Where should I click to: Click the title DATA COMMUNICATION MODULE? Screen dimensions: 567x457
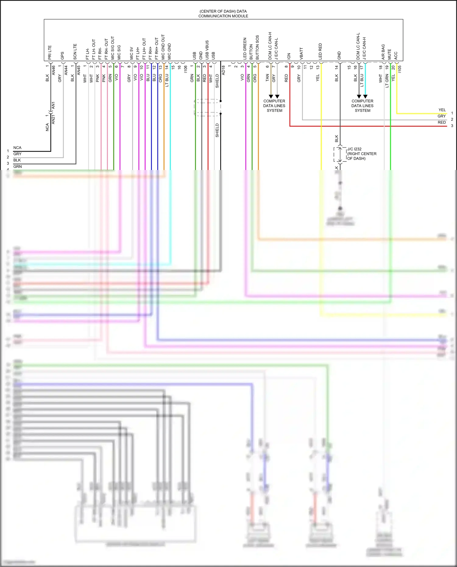tap(223, 14)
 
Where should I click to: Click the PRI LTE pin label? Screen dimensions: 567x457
tap(50, 52)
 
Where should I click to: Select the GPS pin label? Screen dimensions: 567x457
tap(62, 56)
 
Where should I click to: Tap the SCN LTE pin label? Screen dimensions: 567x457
tap(75, 52)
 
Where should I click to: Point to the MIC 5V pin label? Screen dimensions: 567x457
tap(132, 53)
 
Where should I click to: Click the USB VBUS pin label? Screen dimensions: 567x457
tap(207, 50)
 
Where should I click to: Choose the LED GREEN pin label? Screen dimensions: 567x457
tap(245, 49)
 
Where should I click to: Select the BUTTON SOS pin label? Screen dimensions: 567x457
tap(257, 48)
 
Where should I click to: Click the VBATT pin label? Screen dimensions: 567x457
tap(301, 53)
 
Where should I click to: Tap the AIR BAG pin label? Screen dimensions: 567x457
tap(383, 52)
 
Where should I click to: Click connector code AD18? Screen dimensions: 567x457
tap(223, 70)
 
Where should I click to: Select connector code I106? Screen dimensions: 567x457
tap(186, 69)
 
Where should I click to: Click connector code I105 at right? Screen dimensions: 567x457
tap(400, 69)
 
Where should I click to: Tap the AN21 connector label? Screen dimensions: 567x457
tap(53, 119)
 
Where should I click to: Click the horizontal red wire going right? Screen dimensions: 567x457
tap(366, 126)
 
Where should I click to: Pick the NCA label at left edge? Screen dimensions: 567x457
tap(17, 148)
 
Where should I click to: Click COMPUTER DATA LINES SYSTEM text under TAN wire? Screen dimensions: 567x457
tap(274, 106)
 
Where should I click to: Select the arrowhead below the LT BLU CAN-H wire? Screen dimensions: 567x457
tap(365, 96)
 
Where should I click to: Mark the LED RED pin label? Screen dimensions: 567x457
tap(320, 51)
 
